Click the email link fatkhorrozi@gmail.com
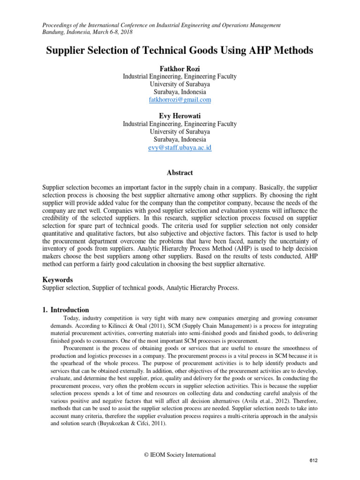pos(180,100)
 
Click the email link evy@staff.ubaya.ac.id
pos(180,148)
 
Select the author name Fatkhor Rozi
pos(180,68)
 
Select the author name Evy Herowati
pos(180,116)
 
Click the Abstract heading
pos(180,172)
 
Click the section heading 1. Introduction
pos(66,310)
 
